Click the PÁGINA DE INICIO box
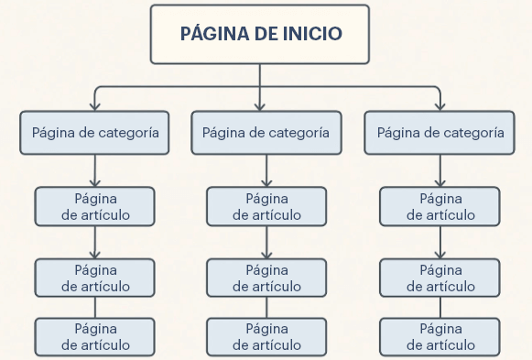(261, 35)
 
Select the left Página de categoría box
(95, 133)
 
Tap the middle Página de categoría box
(266, 133)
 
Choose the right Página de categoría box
(440, 133)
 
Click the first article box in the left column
(95, 206)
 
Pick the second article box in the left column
(95, 278)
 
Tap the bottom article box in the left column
(95, 337)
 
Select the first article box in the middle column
(266, 206)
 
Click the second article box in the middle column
(266, 278)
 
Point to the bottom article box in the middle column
(266, 337)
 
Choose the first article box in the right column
(440, 206)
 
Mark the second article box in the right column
(440, 278)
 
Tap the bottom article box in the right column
(440, 337)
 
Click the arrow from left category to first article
(95, 172)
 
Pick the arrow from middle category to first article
(266, 172)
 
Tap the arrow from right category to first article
(440, 172)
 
